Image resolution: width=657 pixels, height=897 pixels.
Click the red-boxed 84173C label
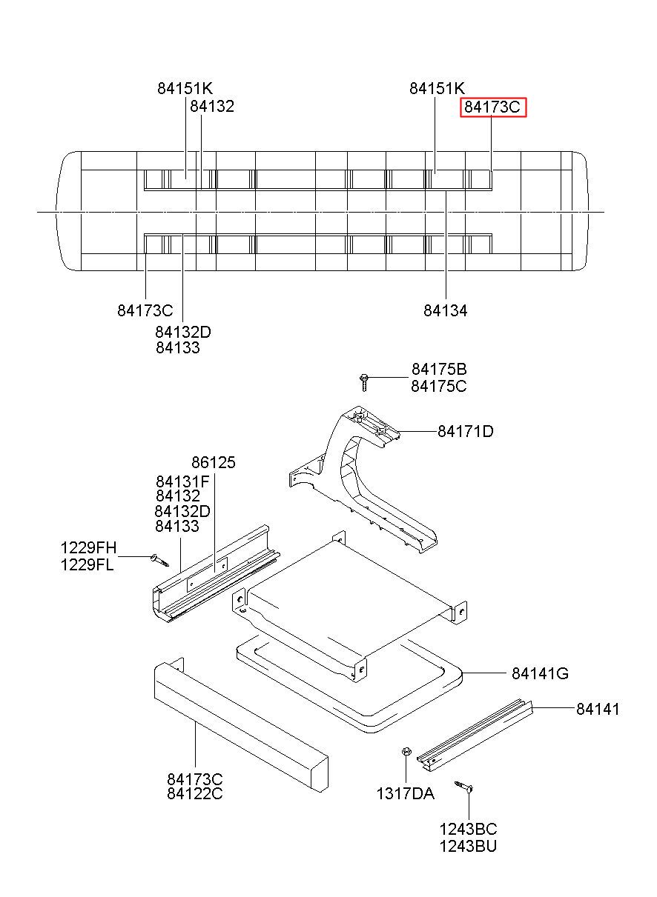pos(492,107)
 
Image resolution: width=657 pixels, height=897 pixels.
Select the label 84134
pos(446,310)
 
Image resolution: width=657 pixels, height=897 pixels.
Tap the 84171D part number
pos(466,432)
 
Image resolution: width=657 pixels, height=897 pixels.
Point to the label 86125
pos(214,462)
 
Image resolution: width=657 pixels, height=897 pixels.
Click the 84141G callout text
pos(540,673)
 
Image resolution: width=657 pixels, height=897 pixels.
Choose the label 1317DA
pos(406,793)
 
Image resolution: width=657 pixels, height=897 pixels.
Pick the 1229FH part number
pos(88,547)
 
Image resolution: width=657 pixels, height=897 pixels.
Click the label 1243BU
pos(468,847)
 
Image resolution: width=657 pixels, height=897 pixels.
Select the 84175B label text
pos(439,369)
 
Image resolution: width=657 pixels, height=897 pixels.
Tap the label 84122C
pos(195,793)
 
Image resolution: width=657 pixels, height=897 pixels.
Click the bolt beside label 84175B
pos(364,381)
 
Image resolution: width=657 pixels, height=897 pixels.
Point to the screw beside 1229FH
pos(159,560)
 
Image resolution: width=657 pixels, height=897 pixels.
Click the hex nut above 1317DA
pos(406,752)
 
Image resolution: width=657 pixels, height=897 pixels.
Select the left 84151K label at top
pos(185,88)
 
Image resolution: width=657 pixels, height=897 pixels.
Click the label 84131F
pos(182,481)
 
